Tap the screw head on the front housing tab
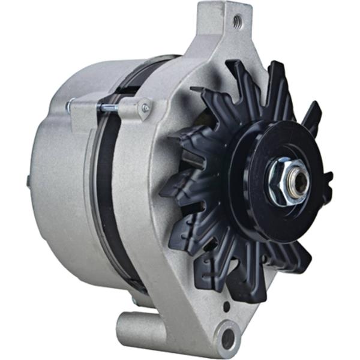pos(145,108)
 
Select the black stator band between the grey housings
pos(104,180)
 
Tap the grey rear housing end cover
pos(60,180)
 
